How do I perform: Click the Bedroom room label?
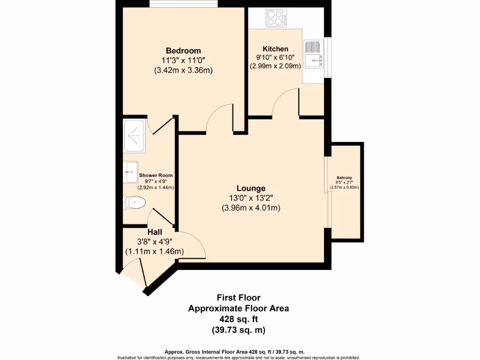pyautogui.click(x=183, y=51)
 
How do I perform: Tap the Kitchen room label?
pyautogui.click(x=275, y=49)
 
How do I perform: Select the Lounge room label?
pyautogui.click(x=251, y=188)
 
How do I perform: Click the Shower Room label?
pyautogui.click(x=156, y=176)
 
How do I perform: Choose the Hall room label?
pyautogui.click(x=155, y=232)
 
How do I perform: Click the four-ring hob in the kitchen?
pyautogui.click(x=277, y=18)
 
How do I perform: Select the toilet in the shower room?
pyautogui.click(x=135, y=202)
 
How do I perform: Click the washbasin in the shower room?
pyautogui.click(x=131, y=172)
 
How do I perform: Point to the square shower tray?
pyautogui.click(x=135, y=135)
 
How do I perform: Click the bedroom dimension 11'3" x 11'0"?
pyautogui.click(x=183, y=60)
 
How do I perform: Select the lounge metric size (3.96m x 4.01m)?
pyautogui.click(x=251, y=208)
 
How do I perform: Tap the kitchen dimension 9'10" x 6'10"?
pyautogui.click(x=275, y=58)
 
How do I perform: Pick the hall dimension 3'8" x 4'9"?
pyautogui.click(x=155, y=242)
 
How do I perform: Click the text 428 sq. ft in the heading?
pyautogui.click(x=239, y=319)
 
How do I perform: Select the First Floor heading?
pyautogui.click(x=239, y=298)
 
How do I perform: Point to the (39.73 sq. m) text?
pyautogui.click(x=239, y=330)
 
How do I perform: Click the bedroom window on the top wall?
pyautogui.click(x=183, y=4)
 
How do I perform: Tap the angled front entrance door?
pyautogui.click(x=134, y=278)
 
